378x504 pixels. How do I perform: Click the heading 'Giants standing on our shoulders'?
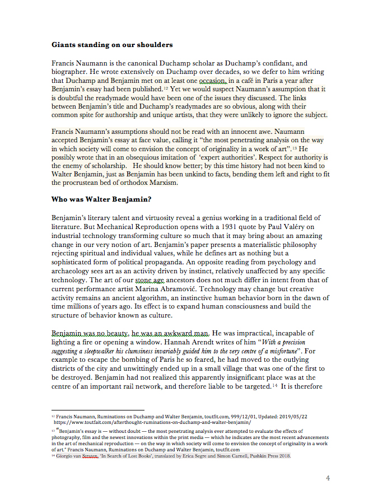click(x=112, y=44)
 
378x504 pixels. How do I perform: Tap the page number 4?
click(x=328, y=478)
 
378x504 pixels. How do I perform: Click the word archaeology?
click(x=73, y=271)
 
